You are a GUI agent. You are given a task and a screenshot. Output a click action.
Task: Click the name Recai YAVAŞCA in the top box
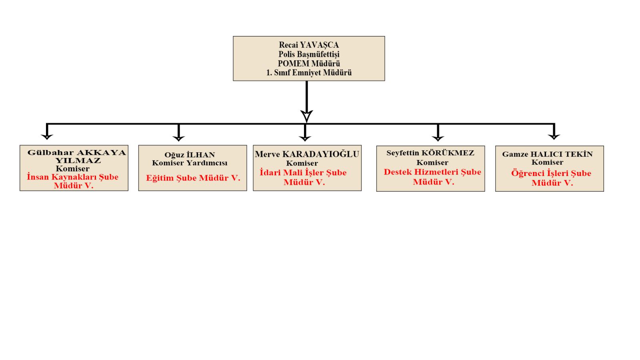(309, 45)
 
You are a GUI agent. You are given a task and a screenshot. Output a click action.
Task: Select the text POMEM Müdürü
(309, 64)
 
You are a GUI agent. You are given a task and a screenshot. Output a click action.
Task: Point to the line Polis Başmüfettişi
(309, 54)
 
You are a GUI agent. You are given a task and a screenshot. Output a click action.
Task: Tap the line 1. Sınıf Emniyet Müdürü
(309, 72)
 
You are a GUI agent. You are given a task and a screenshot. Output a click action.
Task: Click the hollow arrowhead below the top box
(306, 116)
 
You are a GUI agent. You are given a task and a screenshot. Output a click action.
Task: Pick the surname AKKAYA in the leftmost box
(102, 152)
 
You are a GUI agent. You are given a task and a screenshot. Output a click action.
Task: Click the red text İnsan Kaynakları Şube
(72, 177)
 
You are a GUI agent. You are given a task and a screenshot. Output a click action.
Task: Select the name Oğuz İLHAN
(190, 155)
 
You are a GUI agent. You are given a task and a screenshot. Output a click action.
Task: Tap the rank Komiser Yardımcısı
(190, 163)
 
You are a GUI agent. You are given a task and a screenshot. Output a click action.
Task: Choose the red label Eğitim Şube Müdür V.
(193, 178)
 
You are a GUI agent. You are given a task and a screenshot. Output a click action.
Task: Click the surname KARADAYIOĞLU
(321, 154)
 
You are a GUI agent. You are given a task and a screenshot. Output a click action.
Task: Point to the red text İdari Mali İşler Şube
(303, 172)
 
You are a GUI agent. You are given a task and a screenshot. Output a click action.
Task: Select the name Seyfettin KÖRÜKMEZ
(430, 153)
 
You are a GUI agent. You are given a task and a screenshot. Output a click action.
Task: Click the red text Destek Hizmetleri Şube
(432, 172)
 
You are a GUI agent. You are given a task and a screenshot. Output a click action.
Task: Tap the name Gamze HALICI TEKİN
(548, 154)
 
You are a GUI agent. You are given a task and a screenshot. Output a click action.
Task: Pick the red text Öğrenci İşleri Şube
(551, 174)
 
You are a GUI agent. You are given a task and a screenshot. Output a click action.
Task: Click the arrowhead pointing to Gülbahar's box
(47, 136)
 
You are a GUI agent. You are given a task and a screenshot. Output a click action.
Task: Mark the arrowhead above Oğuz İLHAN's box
(178, 138)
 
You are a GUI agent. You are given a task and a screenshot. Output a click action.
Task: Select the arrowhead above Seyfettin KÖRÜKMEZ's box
(438, 138)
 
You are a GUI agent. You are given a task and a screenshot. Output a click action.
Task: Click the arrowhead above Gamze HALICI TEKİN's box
(554, 136)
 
